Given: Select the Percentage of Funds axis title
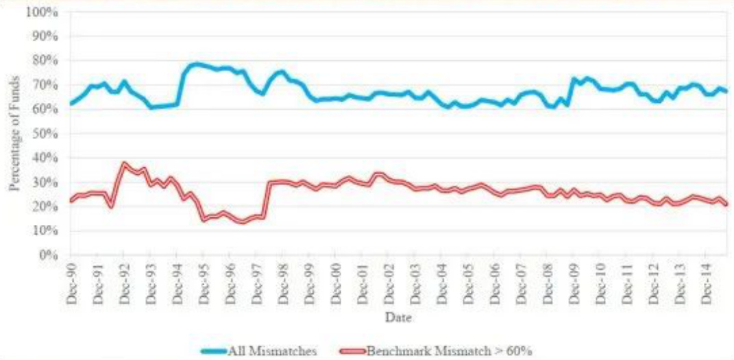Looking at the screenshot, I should click(x=14, y=133).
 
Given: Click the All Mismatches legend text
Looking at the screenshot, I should click(x=282, y=351).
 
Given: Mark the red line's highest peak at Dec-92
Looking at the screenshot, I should click(x=123, y=164).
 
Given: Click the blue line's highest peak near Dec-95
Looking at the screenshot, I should click(x=197, y=64).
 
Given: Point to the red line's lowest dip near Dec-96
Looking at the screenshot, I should click(x=241, y=221).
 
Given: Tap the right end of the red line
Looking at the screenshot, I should click(x=726, y=204).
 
